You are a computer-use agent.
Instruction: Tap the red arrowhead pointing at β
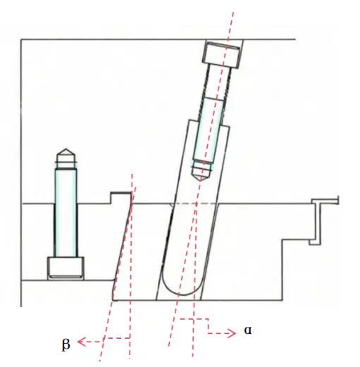(80, 342)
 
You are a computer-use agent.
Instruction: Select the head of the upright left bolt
(66, 268)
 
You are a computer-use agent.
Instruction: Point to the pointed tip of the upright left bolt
(66, 151)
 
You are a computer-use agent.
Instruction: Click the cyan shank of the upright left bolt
(66, 211)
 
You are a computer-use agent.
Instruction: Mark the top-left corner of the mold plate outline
(21, 39)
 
